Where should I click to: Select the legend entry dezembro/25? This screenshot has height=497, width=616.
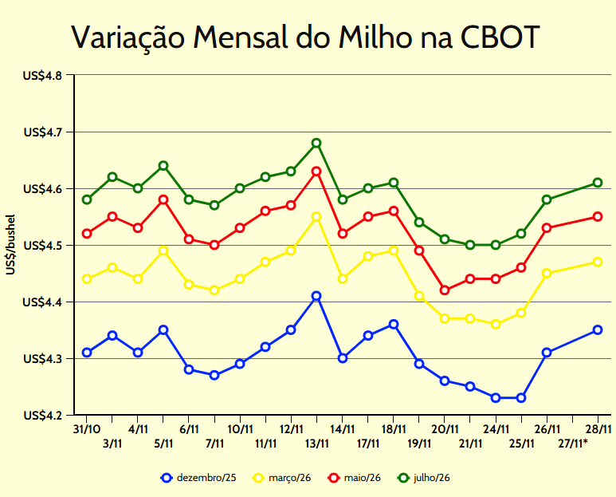(x=198, y=478)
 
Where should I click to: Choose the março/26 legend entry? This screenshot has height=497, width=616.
(x=281, y=478)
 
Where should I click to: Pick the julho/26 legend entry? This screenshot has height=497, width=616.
(x=424, y=478)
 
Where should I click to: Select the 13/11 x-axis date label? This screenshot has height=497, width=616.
(x=316, y=444)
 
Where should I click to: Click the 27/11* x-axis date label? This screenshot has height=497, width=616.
(x=572, y=444)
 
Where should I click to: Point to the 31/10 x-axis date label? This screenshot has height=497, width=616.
(x=87, y=429)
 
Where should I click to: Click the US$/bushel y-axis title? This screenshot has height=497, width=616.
(x=10, y=245)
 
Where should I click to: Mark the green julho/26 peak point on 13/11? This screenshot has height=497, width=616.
(x=316, y=144)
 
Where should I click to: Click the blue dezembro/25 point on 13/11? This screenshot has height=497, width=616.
(x=316, y=296)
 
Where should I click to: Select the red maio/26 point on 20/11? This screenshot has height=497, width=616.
(x=445, y=290)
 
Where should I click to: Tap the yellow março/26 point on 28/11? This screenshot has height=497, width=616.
(x=598, y=262)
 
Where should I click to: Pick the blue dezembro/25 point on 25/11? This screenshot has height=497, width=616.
(x=521, y=398)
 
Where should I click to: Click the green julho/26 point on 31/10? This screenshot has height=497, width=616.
(x=87, y=199)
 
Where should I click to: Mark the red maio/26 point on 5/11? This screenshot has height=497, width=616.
(x=163, y=199)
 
